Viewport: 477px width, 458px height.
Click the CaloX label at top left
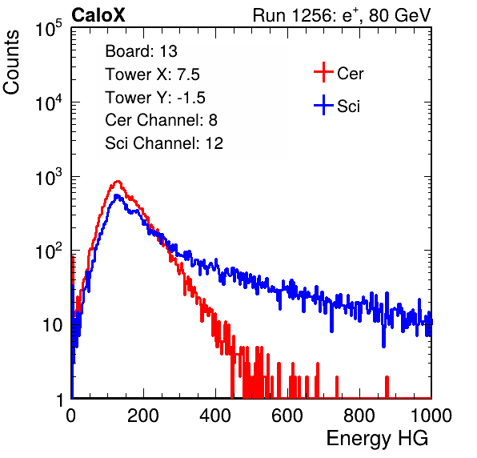(98, 15)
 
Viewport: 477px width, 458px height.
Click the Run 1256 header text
(342, 15)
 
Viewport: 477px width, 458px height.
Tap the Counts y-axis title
(11, 62)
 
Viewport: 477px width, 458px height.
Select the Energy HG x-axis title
(377, 438)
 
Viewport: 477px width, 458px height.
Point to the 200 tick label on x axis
(143, 416)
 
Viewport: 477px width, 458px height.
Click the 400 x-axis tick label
(215, 416)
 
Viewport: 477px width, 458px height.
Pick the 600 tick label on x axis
(287, 416)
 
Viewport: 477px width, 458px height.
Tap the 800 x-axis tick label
(359, 416)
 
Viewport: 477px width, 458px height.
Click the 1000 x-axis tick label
(431, 416)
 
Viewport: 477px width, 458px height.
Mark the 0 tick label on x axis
(71, 416)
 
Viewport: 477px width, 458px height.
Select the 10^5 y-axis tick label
(49, 28)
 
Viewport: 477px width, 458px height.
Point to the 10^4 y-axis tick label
(49, 102)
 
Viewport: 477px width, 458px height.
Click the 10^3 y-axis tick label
(49, 177)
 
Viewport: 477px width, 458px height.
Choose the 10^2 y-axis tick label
(49, 251)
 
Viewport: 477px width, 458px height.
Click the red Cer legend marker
(323, 72)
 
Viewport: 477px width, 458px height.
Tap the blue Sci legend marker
(323, 105)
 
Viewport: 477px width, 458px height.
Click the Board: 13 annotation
(141, 51)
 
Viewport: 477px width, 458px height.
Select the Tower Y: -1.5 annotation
(155, 98)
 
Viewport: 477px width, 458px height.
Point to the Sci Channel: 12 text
(164, 143)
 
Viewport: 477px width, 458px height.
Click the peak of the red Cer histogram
(118, 182)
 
